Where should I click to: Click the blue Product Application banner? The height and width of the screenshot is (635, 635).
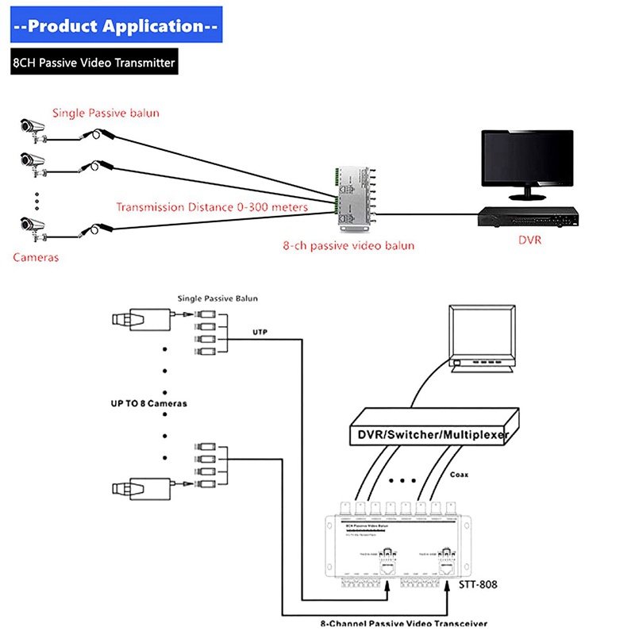[116, 26]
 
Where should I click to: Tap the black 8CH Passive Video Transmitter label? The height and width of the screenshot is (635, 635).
[94, 63]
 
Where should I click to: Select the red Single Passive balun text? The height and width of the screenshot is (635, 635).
[106, 113]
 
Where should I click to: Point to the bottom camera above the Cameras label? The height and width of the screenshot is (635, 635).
[33, 225]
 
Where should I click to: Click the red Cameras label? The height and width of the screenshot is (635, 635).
[36, 257]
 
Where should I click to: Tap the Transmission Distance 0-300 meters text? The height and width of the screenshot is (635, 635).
[223, 208]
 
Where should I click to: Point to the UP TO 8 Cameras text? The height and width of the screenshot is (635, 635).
[148, 403]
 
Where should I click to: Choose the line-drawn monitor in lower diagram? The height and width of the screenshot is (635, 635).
[481, 337]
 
